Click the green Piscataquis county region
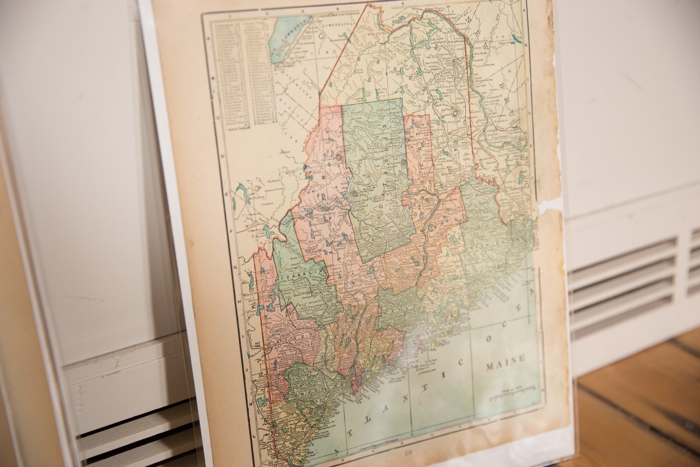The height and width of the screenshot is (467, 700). [x=376, y=175]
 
